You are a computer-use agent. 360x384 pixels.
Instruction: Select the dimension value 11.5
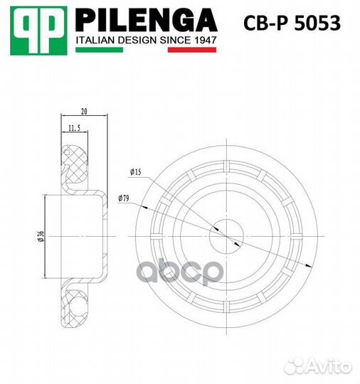point(74,129)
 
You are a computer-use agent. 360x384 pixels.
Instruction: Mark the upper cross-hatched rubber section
point(74,163)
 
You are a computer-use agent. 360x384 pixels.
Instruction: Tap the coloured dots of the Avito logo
point(290,366)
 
